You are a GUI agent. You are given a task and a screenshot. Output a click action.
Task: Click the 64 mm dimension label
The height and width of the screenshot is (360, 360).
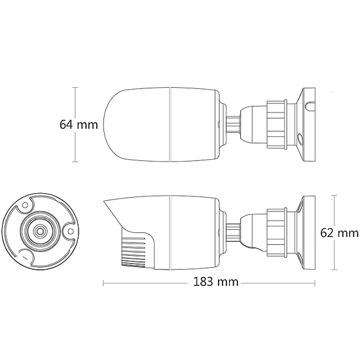[79, 124]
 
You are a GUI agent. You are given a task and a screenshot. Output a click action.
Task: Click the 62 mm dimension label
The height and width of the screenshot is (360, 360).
[339, 233]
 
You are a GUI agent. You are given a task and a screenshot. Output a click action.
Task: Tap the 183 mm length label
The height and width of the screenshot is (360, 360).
[216, 281]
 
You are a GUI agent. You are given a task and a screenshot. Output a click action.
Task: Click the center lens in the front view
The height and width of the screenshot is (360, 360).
[40, 231]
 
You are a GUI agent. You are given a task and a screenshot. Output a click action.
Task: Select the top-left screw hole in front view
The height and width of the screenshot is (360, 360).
[25, 205]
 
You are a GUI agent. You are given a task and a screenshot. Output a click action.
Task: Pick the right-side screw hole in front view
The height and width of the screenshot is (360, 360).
[71, 232]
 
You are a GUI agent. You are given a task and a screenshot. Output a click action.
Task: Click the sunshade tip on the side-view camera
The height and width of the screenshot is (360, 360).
[104, 201]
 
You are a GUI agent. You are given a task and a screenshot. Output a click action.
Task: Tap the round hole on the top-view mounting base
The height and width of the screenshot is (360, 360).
[300, 139]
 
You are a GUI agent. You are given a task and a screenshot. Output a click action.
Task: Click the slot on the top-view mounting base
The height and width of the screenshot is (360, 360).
[310, 105]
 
